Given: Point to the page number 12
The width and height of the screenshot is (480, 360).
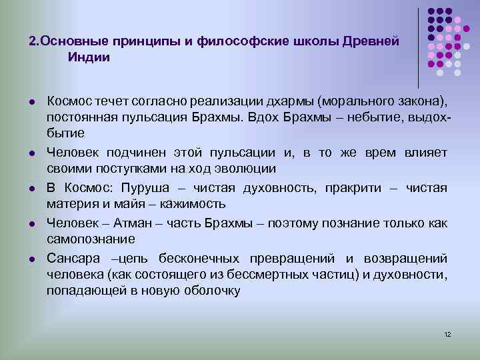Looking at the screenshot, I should (447, 333).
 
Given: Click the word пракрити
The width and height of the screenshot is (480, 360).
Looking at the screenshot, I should (355, 187).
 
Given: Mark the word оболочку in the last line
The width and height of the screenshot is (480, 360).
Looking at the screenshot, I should (200, 291).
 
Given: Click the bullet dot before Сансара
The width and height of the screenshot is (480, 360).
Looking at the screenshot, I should (31, 259).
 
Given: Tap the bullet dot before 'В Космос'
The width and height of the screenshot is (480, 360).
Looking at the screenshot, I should (31, 187).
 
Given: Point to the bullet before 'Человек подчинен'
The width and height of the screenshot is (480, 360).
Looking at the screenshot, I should (31, 153).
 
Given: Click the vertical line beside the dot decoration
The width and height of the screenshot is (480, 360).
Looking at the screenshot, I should (419, 47).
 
